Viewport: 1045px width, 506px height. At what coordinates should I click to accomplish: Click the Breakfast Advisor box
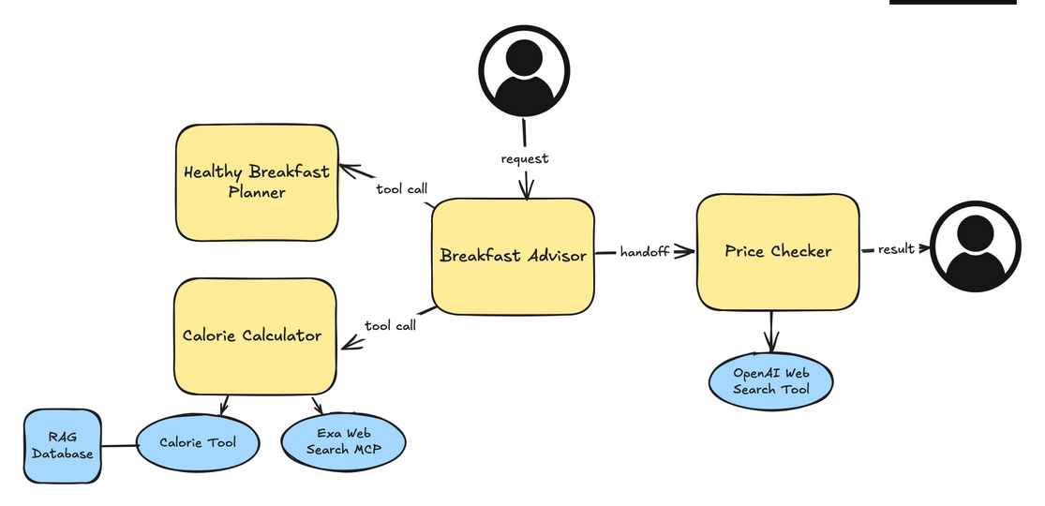click(513, 255)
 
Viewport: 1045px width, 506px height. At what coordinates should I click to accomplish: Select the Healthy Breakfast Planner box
click(257, 183)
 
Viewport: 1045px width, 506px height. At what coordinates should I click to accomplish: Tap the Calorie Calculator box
click(253, 335)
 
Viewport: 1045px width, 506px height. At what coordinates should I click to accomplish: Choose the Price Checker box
click(778, 251)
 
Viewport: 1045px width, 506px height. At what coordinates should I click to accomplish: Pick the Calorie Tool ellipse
click(198, 442)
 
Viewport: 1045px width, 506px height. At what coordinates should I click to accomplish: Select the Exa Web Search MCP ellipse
click(344, 441)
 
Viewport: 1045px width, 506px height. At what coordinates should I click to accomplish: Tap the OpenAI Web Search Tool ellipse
click(770, 380)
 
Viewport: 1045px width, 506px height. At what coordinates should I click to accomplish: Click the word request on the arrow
click(525, 158)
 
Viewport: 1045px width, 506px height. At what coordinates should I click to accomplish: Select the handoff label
click(645, 252)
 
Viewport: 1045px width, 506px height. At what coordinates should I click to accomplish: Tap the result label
click(896, 249)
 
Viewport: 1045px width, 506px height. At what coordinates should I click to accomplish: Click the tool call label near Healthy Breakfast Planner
click(402, 189)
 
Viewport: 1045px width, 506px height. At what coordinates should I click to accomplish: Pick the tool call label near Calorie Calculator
click(391, 325)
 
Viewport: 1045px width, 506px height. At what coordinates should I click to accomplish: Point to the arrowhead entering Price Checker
click(688, 251)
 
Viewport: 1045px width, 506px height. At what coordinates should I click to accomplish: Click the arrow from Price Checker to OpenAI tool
click(771, 333)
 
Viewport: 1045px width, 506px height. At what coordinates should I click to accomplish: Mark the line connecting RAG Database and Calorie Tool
click(119, 445)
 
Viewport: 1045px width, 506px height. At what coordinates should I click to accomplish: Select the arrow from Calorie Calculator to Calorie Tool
click(223, 405)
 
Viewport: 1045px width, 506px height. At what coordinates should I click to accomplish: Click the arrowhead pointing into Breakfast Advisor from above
click(526, 192)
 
